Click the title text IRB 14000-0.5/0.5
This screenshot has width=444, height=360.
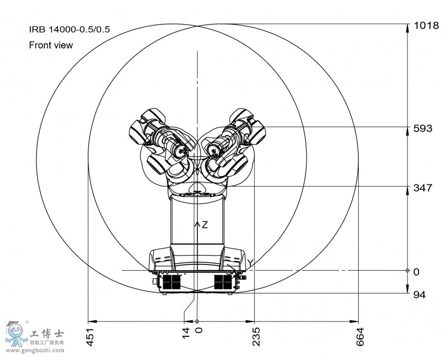(69, 29)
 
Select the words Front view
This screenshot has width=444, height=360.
(51, 45)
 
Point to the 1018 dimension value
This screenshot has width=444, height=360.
(426, 26)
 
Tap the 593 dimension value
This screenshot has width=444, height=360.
(422, 129)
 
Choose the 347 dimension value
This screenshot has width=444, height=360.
(422, 188)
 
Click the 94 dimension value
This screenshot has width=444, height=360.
(419, 295)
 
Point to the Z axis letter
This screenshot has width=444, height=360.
(205, 225)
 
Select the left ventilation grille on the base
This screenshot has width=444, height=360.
(172, 282)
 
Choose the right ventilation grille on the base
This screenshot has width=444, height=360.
(222, 282)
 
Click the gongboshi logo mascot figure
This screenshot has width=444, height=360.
(16, 334)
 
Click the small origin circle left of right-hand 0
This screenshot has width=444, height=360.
(407, 271)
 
